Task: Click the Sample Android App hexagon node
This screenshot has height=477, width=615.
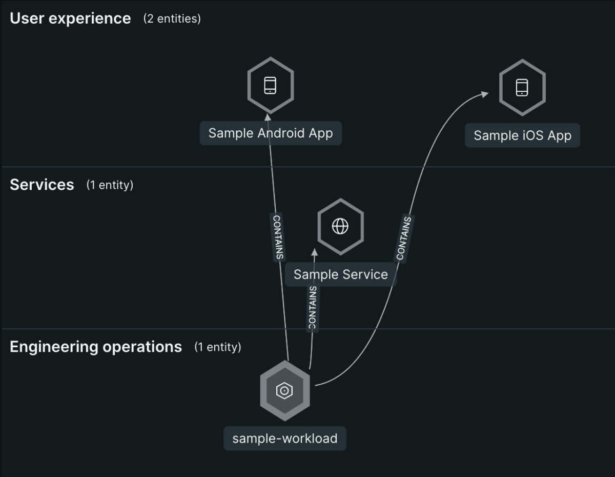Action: point(271,85)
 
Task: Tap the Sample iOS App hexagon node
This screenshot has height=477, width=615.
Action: point(522,88)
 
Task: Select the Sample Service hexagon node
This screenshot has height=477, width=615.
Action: point(340,227)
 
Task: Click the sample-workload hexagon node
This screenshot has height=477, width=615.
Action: point(285,391)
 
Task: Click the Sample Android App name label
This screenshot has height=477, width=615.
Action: point(271,133)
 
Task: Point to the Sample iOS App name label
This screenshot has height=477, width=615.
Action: point(522,135)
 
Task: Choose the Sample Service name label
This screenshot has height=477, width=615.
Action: point(340,274)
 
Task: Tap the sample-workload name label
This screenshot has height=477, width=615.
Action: point(285,439)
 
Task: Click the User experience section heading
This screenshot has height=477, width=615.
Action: point(70,18)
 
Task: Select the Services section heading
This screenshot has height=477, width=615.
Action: point(42,185)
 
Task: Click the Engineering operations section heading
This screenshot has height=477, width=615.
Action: point(96,347)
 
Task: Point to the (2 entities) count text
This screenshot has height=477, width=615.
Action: point(172,18)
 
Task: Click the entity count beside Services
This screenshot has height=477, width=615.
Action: point(110,185)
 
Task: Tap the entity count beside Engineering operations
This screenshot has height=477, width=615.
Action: point(218,347)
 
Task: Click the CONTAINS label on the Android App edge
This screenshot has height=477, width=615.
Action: point(277,237)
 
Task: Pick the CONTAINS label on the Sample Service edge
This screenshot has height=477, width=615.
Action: point(313,308)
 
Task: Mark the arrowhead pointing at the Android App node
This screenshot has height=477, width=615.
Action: point(268,117)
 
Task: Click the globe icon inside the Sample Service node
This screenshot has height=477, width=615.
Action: point(340,226)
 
